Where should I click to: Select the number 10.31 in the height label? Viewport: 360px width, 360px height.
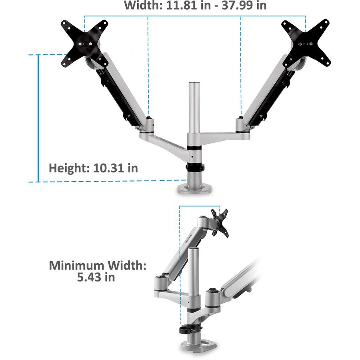pyautogui.click(x=109, y=168)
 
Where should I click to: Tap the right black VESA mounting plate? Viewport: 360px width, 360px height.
pyautogui.click(x=306, y=42)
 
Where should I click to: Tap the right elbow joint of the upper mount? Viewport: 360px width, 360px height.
pyautogui.click(x=241, y=124)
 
